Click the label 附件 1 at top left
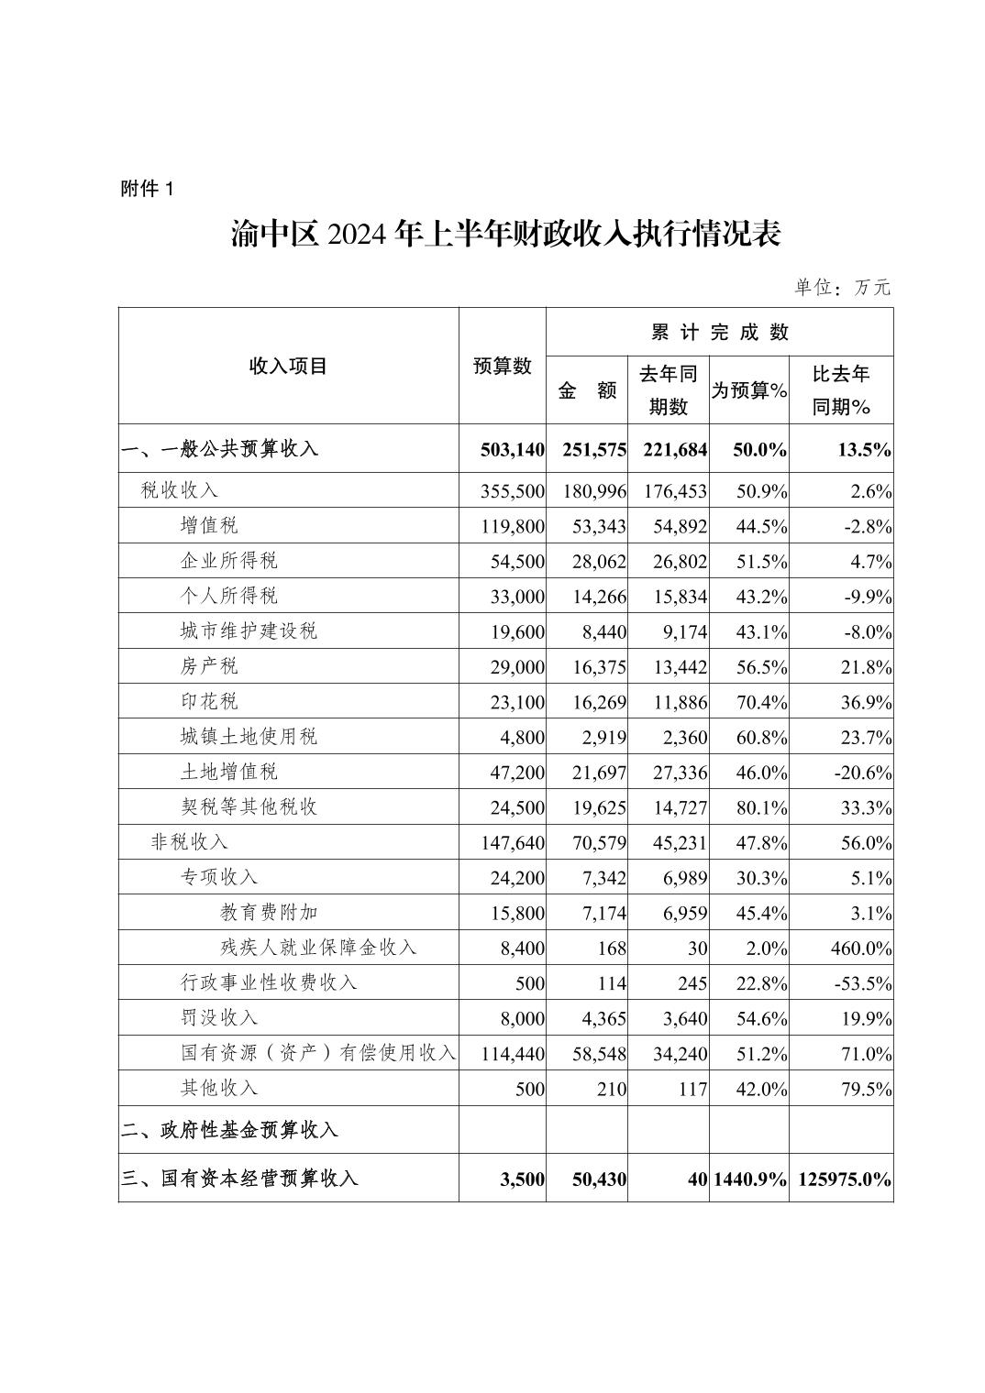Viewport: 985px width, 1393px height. tap(147, 190)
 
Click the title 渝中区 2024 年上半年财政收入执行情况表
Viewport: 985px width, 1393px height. tap(505, 236)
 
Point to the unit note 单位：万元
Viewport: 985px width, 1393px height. tap(842, 287)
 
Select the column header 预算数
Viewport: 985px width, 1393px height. tap(502, 366)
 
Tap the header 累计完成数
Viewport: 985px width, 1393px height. tap(719, 332)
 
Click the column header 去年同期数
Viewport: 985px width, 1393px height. tap(668, 389)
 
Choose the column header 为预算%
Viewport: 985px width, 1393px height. tap(749, 390)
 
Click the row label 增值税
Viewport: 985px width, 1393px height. tap(209, 526)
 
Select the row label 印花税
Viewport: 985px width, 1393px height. tap(209, 702)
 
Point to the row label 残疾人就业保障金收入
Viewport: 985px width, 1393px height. tap(318, 948)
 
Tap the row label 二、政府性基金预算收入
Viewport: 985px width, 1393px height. tap(229, 1130)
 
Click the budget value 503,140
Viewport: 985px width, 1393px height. tap(512, 450)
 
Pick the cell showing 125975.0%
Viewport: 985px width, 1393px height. tap(845, 1179)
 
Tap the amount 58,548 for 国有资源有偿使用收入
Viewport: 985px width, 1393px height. tap(598, 1054)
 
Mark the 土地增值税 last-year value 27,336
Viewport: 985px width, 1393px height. tap(679, 773)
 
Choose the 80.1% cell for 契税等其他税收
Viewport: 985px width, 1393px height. tap(762, 807)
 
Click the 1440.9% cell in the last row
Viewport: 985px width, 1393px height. tap(749, 1179)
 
